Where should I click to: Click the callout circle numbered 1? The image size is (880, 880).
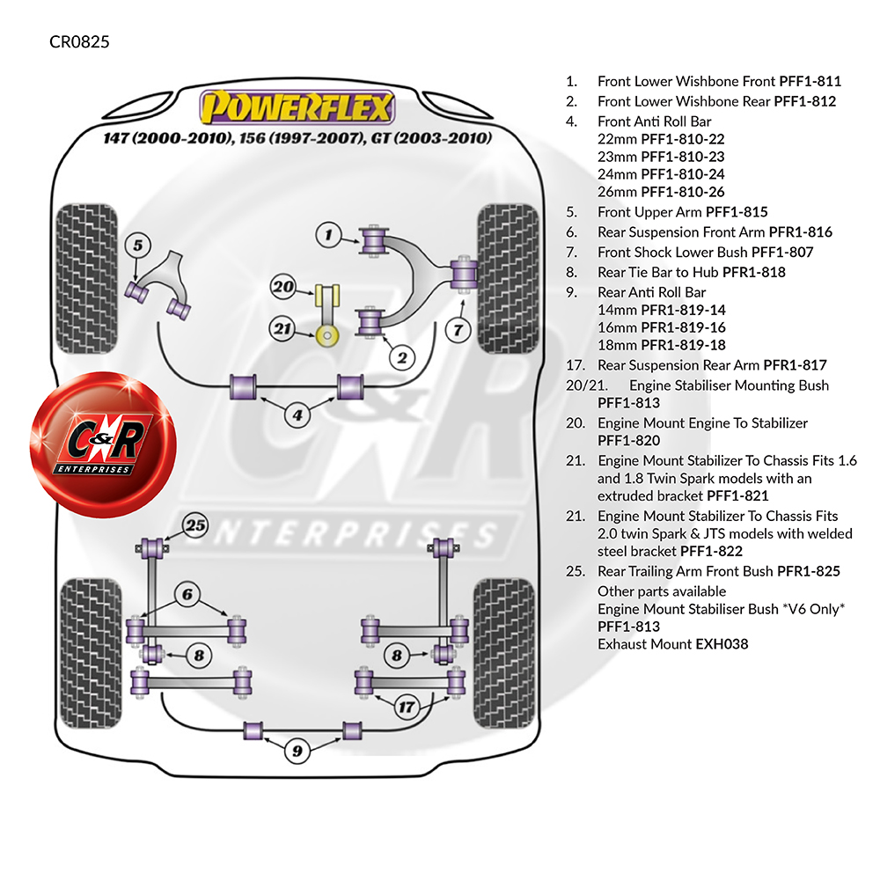(x=328, y=235)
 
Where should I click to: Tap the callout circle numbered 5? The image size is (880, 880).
(x=137, y=246)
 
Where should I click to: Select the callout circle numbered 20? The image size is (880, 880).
(x=282, y=286)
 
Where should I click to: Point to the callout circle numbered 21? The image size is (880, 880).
(x=282, y=329)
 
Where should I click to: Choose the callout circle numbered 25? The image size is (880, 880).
(x=195, y=526)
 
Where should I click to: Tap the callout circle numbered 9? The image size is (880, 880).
(x=297, y=751)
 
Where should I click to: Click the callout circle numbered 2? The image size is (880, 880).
(x=401, y=357)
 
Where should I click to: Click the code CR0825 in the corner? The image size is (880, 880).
(x=79, y=41)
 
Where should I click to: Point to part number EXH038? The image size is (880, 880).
(x=722, y=644)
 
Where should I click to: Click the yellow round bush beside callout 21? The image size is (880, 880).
(x=328, y=334)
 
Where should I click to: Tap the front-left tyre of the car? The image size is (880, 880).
(x=77, y=278)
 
